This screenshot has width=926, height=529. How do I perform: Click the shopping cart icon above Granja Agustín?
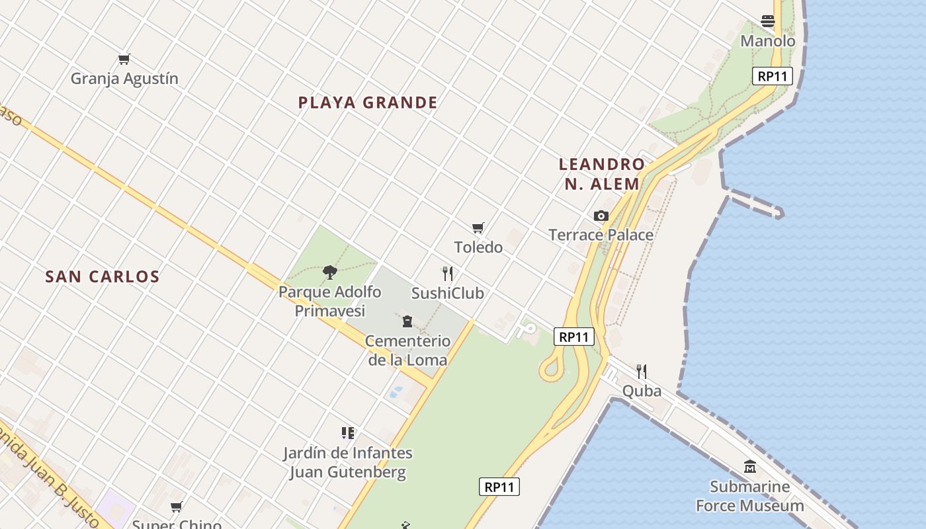pos(124,60)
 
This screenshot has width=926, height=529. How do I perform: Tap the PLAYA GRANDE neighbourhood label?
pos(368,102)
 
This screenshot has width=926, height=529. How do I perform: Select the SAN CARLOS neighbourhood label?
pos(103,276)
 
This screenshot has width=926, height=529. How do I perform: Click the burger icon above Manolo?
pos(768,21)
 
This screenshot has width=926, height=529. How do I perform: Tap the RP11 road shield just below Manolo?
pos(773,76)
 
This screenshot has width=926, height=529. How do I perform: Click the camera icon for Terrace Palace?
pos(601,216)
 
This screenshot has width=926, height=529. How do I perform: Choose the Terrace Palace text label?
pos(601,235)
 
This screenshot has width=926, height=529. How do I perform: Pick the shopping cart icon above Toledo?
pos(478,228)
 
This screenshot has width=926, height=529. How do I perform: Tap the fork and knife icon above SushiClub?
pos(448,274)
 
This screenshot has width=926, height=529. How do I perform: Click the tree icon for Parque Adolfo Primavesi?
pos(330,272)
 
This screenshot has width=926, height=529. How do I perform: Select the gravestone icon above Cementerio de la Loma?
pos(407,322)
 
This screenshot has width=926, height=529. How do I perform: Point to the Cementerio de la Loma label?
pos(408,350)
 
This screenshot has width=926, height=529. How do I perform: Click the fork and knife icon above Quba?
pos(642,371)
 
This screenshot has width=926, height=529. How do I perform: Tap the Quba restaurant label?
pos(642,391)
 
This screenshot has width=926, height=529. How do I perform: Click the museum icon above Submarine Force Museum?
pos(750,467)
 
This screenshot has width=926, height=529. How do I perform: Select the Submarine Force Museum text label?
pos(750,496)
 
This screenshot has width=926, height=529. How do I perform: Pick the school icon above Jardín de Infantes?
pos(348,433)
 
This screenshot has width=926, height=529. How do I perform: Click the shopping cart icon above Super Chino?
pos(177,507)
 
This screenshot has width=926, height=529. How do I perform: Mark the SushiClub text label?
pos(448,293)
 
